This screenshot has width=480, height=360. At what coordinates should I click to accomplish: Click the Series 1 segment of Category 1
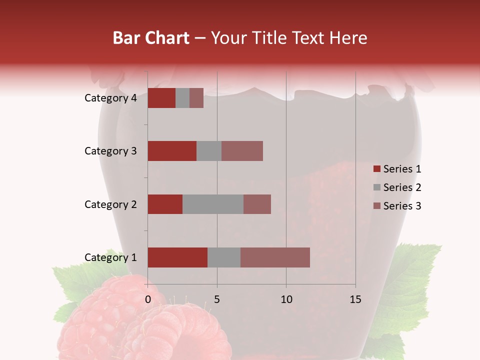pyautogui.click(x=177, y=257)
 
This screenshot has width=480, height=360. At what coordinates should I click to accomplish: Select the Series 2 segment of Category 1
pyautogui.click(x=224, y=257)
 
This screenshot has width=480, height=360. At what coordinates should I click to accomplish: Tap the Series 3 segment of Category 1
pyautogui.click(x=275, y=257)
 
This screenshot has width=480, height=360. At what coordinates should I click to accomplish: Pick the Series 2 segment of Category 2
pyautogui.click(x=213, y=204)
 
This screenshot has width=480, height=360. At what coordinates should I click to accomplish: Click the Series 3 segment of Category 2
pyautogui.click(x=257, y=204)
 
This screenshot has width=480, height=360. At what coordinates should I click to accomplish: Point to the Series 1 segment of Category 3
pyautogui.click(x=172, y=151)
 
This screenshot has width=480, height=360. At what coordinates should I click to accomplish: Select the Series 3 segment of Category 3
pyautogui.click(x=242, y=151)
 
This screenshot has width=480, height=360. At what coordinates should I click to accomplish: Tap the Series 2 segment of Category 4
pyautogui.click(x=182, y=98)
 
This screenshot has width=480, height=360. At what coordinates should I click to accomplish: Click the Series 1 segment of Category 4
pyautogui.click(x=161, y=98)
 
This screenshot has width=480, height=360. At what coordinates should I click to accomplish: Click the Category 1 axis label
pyautogui.click(x=110, y=257)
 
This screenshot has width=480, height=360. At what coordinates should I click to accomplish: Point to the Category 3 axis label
pyautogui.click(x=110, y=151)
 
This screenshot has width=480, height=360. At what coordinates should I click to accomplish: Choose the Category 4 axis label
pyautogui.click(x=110, y=98)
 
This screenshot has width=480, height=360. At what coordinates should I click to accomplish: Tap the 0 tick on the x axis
pyautogui.click(x=148, y=299)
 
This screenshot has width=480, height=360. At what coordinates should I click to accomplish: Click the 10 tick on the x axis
pyautogui.click(x=286, y=299)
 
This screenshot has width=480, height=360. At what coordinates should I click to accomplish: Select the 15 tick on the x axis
pyautogui.click(x=355, y=299)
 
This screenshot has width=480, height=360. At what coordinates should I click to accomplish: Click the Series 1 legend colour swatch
pyautogui.click(x=376, y=169)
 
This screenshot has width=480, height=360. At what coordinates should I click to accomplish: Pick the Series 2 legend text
pyautogui.click(x=402, y=187)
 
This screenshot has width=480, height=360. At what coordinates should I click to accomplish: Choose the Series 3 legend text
pyautogui.click(x=402, y=206)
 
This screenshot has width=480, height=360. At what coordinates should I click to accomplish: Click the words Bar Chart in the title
pyautogui.click(x=151, y=38)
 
